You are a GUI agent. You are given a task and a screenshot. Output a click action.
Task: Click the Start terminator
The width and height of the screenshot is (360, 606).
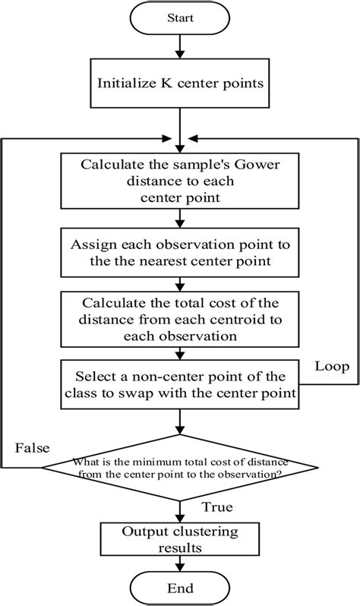(179, 18)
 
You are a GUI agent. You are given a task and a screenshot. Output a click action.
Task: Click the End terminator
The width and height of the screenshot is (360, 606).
(179, 588)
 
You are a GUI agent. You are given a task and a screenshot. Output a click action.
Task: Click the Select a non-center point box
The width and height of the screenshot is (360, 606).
(179, 384)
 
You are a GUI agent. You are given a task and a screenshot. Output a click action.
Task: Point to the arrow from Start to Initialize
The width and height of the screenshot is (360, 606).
(179, 47)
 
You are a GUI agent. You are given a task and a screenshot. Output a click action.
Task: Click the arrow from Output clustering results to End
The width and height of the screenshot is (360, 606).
(179, 561)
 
